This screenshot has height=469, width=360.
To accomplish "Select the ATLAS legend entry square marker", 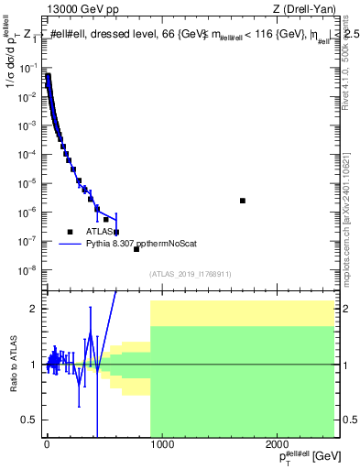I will click(x=69, y=232).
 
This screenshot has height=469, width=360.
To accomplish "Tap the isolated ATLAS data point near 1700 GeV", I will click(x=243, y=201).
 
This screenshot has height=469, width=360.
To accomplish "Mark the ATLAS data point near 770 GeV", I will click(x=136, y=249).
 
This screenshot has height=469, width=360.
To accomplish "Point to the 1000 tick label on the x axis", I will click(x=162, y=445).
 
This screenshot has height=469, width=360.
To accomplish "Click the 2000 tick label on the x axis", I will click(x=279, y=445).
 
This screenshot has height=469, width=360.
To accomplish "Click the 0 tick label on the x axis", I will click(x=47, y=445).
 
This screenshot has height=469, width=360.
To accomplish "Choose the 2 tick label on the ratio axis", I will click(x=37, y=309).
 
